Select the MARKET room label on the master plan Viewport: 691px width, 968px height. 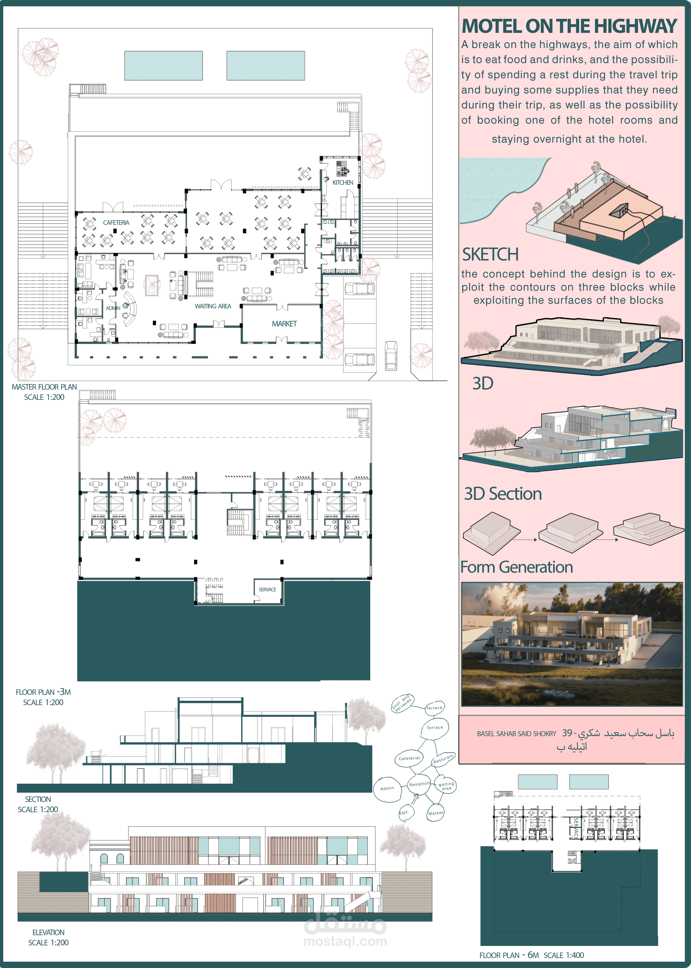(284, 324)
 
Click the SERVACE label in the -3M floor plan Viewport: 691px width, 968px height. (267, 589)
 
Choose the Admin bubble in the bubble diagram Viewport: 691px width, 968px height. (387, 788)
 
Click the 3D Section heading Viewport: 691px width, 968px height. (503, 494)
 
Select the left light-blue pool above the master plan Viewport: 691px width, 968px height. (163, 66)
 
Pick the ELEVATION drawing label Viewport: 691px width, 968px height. (49, 932)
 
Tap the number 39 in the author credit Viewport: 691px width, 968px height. (567, 733)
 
